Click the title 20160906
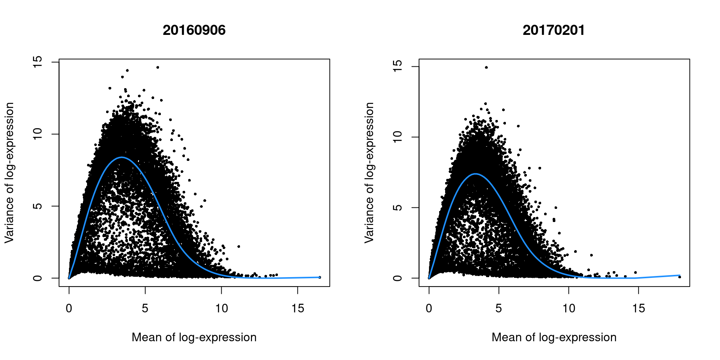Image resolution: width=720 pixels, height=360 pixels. [x=194, y=30]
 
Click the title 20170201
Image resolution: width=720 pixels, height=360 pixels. [x=553, y=30]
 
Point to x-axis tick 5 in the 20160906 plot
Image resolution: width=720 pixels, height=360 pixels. [x=145, y=308]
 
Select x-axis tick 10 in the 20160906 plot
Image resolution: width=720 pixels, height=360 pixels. [x=221, y=308]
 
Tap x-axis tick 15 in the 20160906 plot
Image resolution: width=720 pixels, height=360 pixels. [x=298, y=308]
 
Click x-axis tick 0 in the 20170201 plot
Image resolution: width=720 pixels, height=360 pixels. [x=429, y=308]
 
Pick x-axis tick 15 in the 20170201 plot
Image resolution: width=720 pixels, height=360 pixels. [x=638, y=308]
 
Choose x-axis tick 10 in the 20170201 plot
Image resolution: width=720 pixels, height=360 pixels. [x=568, y=308]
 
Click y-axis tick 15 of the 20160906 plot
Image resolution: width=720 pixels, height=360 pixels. [x=38, y=62]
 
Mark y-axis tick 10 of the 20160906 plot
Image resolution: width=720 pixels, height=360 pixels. [x=38, y=134]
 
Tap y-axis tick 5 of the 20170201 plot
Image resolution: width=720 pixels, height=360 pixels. [x=398, y=207]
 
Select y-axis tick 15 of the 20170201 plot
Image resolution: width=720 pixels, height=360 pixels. [x=398, y=66]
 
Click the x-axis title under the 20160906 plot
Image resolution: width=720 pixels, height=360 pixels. [x=194, y=337]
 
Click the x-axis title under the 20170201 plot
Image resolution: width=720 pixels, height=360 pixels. [x=554, y=337]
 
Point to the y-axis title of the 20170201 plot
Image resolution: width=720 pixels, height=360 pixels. [x=369, y=172]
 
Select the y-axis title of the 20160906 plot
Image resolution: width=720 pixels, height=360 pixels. [x=9, y=172]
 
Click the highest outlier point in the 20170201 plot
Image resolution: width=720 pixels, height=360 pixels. [x=486, y=67]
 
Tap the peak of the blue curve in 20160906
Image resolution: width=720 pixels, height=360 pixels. [x=122, y=157]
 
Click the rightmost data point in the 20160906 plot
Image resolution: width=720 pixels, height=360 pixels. [x=319, y=277]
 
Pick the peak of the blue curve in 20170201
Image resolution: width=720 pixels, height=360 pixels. [x=475, y=174]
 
